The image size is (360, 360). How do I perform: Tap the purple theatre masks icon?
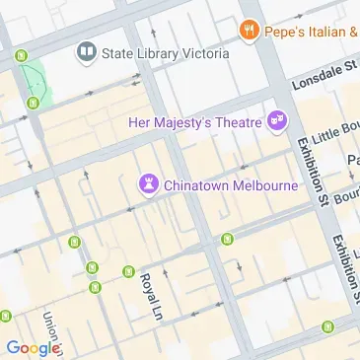[277, 121]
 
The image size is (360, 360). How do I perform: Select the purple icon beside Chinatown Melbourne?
[147, 183]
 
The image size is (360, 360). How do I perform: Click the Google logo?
[34, 347]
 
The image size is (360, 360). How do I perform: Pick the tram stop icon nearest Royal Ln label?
[128, 271]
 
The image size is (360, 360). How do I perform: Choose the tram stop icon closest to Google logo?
[5, 317]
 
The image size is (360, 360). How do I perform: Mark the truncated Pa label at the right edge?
[353, 160]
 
